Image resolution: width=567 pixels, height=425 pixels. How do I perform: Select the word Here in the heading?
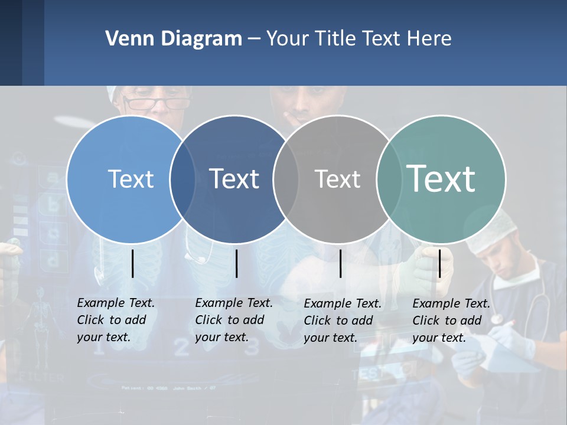coord(429,39)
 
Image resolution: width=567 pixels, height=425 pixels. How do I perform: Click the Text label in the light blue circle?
coord(131,179)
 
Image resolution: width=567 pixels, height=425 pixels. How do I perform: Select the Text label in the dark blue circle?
coord(234,179)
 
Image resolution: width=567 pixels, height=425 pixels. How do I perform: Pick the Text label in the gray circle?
coord(337,179)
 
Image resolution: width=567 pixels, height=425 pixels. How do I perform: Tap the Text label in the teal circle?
coord(441,178)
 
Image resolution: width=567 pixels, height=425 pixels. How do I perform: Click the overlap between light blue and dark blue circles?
coord(183,179)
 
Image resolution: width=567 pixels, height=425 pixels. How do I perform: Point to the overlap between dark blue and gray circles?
coord(286,179)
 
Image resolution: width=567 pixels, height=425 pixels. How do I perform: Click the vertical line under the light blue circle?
coord(132,263)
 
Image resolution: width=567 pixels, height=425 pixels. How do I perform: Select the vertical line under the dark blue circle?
coord(236,263)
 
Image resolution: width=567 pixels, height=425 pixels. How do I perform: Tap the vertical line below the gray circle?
coord(340,263)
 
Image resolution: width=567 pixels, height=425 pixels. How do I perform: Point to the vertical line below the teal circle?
coord(439,263)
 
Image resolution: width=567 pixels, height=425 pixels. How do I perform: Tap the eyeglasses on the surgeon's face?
coord(157,104)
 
